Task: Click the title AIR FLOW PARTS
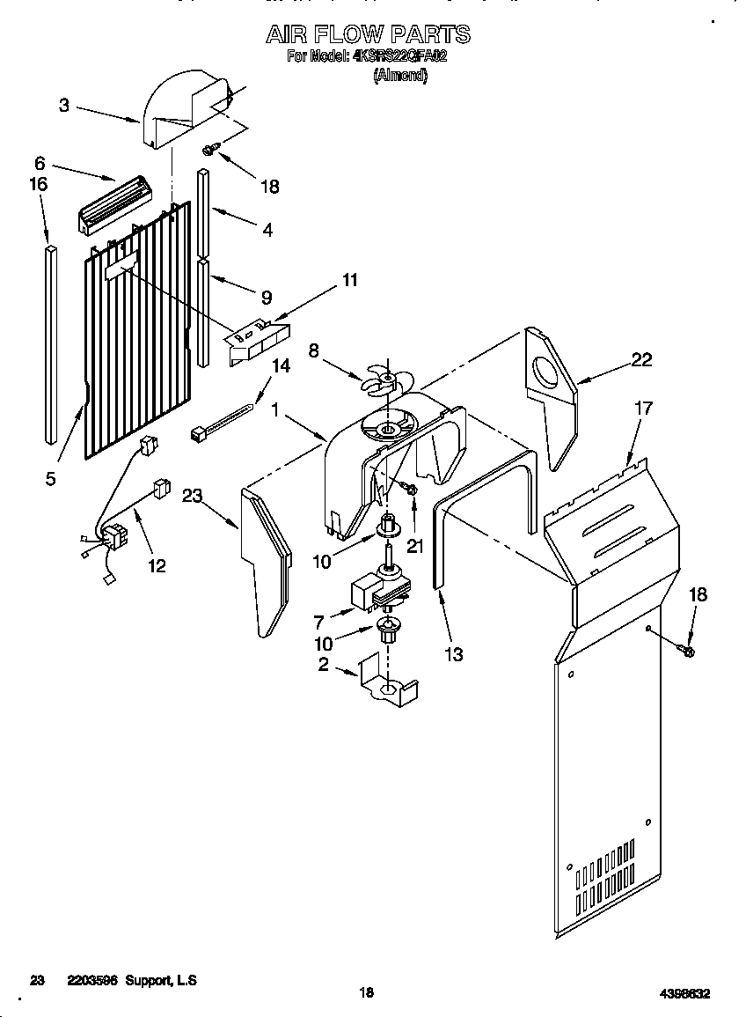368,34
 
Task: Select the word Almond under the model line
400,76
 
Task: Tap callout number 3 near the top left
64,106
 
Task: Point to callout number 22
642,358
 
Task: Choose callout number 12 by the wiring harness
156,565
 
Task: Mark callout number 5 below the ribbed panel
50,478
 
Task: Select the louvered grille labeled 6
116,204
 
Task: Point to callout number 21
414,546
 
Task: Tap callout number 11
349,281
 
